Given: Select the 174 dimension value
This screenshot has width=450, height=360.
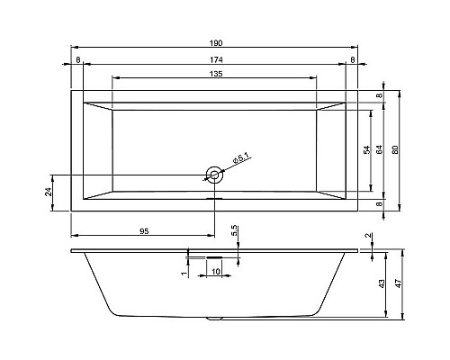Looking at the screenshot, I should click(x=214, y=59).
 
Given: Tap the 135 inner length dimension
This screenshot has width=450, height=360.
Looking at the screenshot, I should click(x=214, y=75).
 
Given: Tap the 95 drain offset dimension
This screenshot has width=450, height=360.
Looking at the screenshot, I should click(x=144, y=231).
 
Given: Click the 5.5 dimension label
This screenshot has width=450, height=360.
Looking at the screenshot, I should click(x=234, y=231).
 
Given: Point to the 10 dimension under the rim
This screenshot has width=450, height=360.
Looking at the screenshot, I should click(x=216, y=270).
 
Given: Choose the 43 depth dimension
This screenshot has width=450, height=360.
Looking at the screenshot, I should click(x=382, y=283).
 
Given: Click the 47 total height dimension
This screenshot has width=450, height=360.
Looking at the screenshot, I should click(x=396, y=283).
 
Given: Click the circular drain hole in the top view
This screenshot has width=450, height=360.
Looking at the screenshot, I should click(x=214, y=174).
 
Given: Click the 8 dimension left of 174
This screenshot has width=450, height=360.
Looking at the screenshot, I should click(x=78, y=59).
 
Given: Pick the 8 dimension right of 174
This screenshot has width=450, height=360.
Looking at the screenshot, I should click(x=351, y=59).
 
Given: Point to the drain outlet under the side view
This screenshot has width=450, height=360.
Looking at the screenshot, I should click(x=214, y=318).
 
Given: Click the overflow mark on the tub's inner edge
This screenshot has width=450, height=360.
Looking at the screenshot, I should click(x=214, y=200).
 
